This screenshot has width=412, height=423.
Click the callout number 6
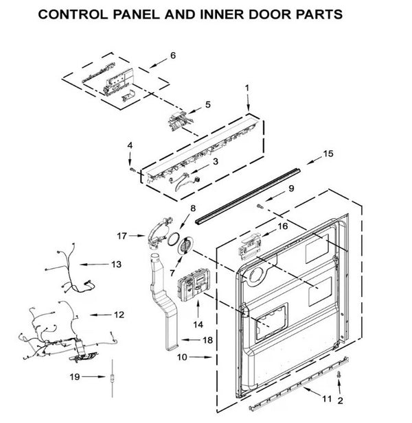pyautogui.click(x=173, y=56)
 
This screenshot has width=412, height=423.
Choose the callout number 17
pyautogui.click(x=122, y=236)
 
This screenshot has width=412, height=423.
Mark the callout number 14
pyautogui.click(x=198, y=322)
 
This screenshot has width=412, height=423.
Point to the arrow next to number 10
pyautogui.click(x=203, y=357)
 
